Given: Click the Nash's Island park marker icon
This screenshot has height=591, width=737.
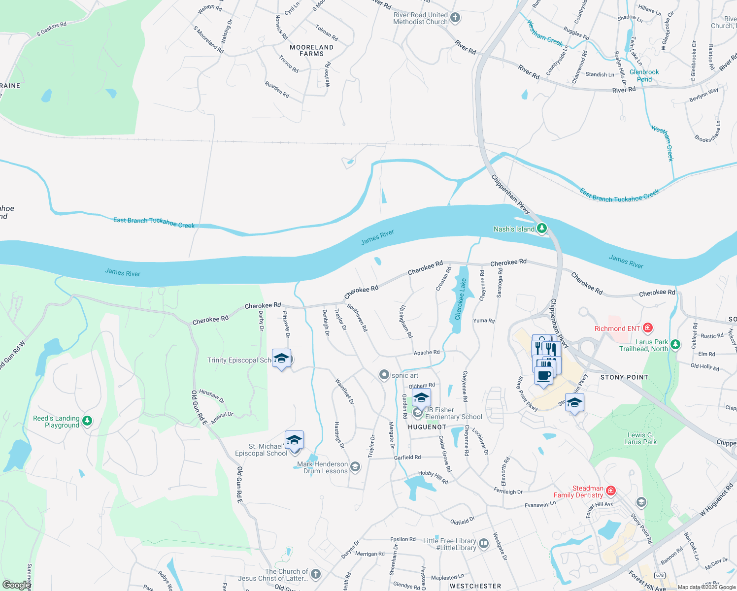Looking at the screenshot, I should [x=541, y=228].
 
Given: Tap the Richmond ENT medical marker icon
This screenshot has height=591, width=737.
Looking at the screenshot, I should [x=648, y=328].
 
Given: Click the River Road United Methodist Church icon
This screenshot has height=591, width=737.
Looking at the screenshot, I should [x=455, y=18].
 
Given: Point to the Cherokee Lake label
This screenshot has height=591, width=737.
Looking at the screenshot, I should [x=460, y=299].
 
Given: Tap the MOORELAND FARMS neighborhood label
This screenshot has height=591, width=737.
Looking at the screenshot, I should [x=311, y=50].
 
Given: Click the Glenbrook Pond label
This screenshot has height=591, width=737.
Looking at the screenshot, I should [x=644, y=75].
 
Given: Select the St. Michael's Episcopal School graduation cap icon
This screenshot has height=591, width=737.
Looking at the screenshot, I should [x=294, y=440].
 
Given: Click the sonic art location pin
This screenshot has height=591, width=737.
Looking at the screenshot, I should [x=384, y=375].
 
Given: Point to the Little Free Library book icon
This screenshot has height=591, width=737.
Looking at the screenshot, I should [x=484, y=544].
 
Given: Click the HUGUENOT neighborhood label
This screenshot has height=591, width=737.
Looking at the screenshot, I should [x=427, y=427].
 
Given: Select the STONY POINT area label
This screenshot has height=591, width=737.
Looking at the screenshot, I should [x=624, y=377].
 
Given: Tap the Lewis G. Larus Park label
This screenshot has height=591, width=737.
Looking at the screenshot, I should [x=640, y=438].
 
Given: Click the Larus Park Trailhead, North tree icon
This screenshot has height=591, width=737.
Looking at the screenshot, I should [x=675, y=344].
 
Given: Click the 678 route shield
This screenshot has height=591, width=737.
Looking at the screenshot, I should [x=660, y=575].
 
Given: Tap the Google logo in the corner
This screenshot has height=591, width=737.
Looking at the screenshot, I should [x=16, y=585].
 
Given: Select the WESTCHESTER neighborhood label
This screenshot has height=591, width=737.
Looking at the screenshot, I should [x=475, y=586].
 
